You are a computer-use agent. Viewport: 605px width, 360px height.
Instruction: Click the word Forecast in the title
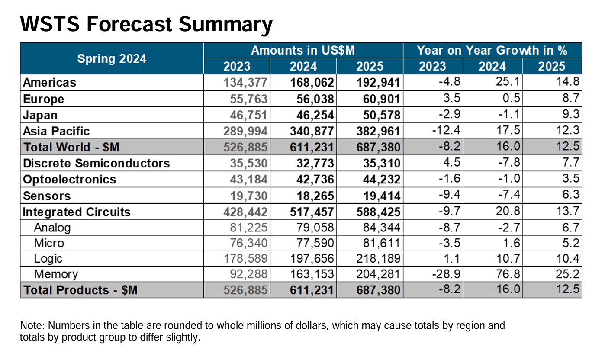click(129, 24)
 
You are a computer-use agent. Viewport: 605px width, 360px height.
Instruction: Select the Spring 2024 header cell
click(112, 58)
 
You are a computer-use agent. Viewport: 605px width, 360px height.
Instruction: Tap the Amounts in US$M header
click(303, 51)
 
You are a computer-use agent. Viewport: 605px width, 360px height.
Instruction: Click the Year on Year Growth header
click(492, 51)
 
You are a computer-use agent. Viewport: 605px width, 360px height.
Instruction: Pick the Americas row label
click(49, 82)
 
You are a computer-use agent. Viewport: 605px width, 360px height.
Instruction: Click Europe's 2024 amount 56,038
click(315, 99)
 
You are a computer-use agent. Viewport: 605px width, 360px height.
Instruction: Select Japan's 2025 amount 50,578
click(382, 115)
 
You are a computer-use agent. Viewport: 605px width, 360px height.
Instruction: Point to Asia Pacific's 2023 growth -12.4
click(446, 130)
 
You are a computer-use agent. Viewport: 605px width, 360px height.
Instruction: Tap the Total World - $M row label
click(71, 147)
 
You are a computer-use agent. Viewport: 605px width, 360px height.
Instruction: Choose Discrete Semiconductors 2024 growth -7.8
click(509, 162)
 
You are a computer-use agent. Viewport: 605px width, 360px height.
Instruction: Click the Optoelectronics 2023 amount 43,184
click(249, 179)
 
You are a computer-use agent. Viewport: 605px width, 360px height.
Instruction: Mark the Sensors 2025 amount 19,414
click(382, 196)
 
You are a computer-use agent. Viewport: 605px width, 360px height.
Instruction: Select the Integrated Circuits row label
click(77, 212)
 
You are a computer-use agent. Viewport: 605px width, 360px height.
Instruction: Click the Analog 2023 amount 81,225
click(249, 228)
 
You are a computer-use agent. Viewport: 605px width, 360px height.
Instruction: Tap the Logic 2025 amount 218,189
click(378, 258)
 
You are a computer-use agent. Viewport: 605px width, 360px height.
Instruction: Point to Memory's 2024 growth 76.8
click(508, 274)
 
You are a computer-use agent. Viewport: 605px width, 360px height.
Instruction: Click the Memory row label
click(56, 274)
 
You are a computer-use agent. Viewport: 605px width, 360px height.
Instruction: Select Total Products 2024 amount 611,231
click(312, 290)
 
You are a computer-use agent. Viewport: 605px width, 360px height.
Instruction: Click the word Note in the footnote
click(32, 325)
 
